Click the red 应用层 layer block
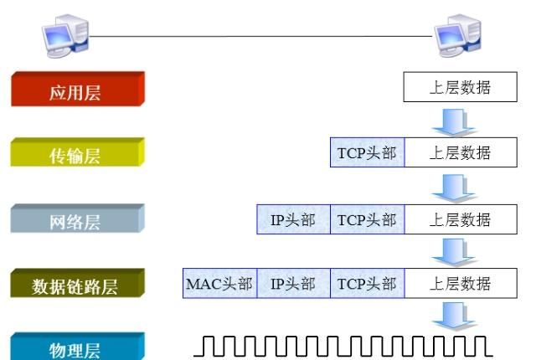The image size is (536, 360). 78,89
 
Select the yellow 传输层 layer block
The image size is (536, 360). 78,152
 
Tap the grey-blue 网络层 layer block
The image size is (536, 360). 78,219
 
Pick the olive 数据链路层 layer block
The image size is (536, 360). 78,283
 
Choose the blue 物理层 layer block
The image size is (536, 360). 78,347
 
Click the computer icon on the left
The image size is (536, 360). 65,35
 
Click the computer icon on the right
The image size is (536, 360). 458,35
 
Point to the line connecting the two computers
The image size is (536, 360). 260,36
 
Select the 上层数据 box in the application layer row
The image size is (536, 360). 460,87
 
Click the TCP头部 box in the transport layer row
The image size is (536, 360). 368,152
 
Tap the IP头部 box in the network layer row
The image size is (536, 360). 294,219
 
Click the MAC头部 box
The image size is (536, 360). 219,283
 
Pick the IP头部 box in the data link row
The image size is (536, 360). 294,283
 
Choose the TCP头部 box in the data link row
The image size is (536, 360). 368,283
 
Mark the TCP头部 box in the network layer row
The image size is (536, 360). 368,219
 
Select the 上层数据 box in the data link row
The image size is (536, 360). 461,283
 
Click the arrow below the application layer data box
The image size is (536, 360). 454,122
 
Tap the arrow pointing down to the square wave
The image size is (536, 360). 454,316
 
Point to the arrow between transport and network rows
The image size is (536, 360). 454,188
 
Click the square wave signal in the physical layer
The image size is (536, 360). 343,347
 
